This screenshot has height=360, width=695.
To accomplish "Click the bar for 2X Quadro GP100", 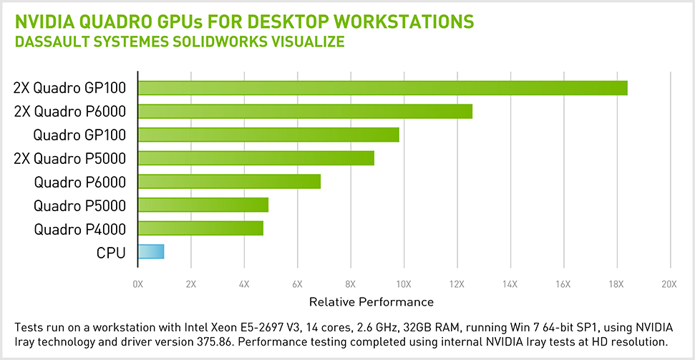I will click(x=382, y=88).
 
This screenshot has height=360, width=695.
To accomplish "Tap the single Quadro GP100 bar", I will click(x=268, y=135).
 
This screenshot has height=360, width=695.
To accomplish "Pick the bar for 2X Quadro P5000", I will click(x=256, y=158).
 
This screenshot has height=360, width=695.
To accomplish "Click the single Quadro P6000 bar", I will click(x=229, y=182).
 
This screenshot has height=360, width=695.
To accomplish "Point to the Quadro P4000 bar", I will click(x=200, y=228).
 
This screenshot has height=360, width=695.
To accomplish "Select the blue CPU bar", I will click(x=151, y=252).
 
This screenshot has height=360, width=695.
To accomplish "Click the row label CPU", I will click(x=111, y=253).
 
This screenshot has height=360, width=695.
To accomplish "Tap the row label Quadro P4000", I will click(x=79, y=229).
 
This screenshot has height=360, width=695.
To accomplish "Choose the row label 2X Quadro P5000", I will click(x=69, y=158).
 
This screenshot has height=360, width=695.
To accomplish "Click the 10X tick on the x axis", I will click(x=403, y=284).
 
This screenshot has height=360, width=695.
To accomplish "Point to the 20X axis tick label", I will click(x=669, y=284).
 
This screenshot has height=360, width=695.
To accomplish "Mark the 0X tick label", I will click(x=138, y=284).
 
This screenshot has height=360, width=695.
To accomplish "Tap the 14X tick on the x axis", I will click(x=510, y=284).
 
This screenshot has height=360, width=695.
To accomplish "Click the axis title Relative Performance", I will click(x=371, y=301).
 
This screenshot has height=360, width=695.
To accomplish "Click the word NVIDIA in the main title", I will click(x=45, y=21).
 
